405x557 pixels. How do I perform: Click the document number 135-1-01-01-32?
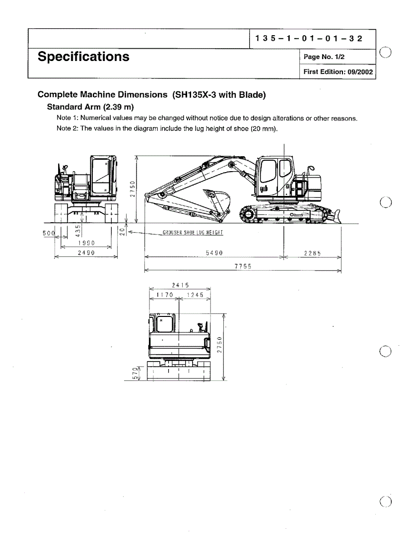coord(309,39)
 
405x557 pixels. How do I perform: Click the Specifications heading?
coord(83,57)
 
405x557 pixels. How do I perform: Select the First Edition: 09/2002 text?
coord(337,71)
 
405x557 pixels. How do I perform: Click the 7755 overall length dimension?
coord(243,266)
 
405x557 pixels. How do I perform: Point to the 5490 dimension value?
coord(214,252)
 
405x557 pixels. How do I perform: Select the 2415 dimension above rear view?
coord(180,285)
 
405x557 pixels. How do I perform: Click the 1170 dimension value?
coord(164,295)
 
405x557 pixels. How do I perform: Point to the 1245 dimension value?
coord(195,295)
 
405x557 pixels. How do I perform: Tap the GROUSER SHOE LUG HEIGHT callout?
coord(193,233)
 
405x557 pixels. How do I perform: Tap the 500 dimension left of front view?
coord(50,232)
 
